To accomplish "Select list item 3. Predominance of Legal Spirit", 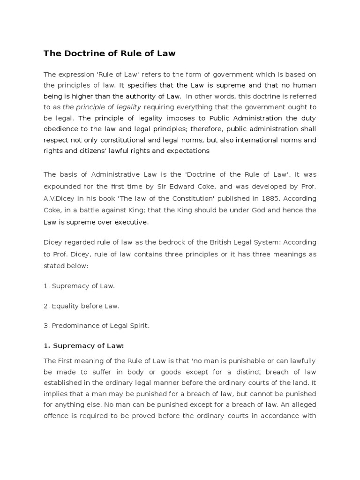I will tap(97, 326).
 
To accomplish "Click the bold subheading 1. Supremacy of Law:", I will tap(84, 346).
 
